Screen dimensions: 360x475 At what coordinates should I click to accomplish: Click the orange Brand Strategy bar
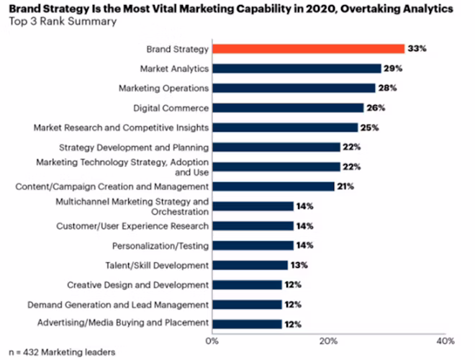308,49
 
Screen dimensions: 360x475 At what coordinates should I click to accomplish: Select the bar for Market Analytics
297,68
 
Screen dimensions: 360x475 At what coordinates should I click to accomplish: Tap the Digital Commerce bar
288,108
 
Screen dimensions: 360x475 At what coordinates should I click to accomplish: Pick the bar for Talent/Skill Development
250,265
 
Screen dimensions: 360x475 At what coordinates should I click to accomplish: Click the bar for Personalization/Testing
253,246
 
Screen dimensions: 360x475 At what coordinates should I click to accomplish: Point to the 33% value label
418,49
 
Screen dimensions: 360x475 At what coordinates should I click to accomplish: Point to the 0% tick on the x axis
212,339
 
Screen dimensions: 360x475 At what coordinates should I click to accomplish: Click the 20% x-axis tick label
328,339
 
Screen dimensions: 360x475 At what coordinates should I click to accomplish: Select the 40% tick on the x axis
445,339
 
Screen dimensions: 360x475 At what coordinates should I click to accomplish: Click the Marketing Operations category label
163,88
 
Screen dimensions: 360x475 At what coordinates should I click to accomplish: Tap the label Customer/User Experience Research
132,226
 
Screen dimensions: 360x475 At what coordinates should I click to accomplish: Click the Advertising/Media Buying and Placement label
123,323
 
